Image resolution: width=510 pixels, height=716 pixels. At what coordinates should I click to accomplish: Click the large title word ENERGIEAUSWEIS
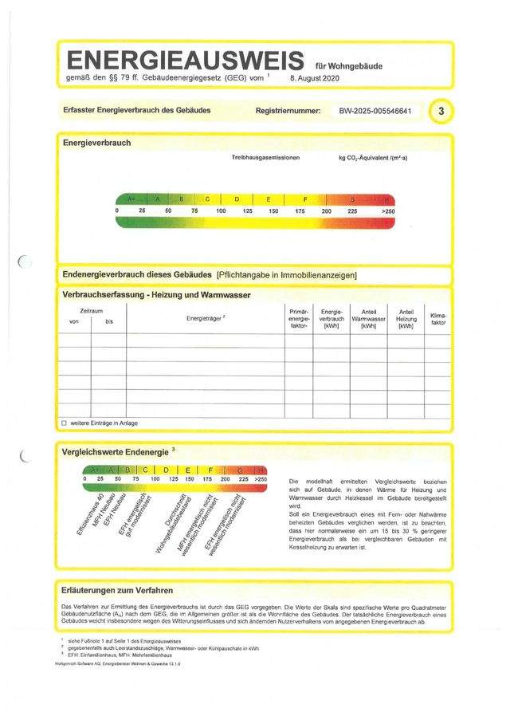pyautogui.click(x=185, y=60)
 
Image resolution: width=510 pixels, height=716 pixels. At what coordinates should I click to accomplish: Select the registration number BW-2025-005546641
pyautogui.click(x=375, y=111)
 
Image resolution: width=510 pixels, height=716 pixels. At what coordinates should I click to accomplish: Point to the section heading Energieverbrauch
pyautogui.click(x=96, y=144)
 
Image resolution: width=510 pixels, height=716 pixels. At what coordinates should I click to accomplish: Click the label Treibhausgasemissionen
pyautogui.click(x=265, y=159)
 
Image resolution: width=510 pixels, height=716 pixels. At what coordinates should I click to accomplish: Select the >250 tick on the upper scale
pyautogui.click(x=388, y=210)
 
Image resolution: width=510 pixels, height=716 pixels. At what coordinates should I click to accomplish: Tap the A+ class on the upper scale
pyautogui.click(x=130, y=199)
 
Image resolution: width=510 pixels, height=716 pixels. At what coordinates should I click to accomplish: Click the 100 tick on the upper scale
pyautogui.click(x=221, y=210)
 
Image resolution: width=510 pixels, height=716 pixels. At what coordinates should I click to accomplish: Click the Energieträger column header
pyautogui.click(x=206, y=317)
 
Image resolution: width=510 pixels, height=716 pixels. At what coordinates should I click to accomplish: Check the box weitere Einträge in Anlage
pyautogui.click(x=65, y=423)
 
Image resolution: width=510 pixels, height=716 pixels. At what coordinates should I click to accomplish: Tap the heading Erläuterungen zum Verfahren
pyautogui.click(x=117, y=591)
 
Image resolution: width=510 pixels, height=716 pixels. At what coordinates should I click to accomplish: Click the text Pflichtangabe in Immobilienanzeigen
pyautogui.click(x=287, y=275)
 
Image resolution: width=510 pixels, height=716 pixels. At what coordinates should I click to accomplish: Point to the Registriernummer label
pyautogui.click(x=288, y=111)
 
